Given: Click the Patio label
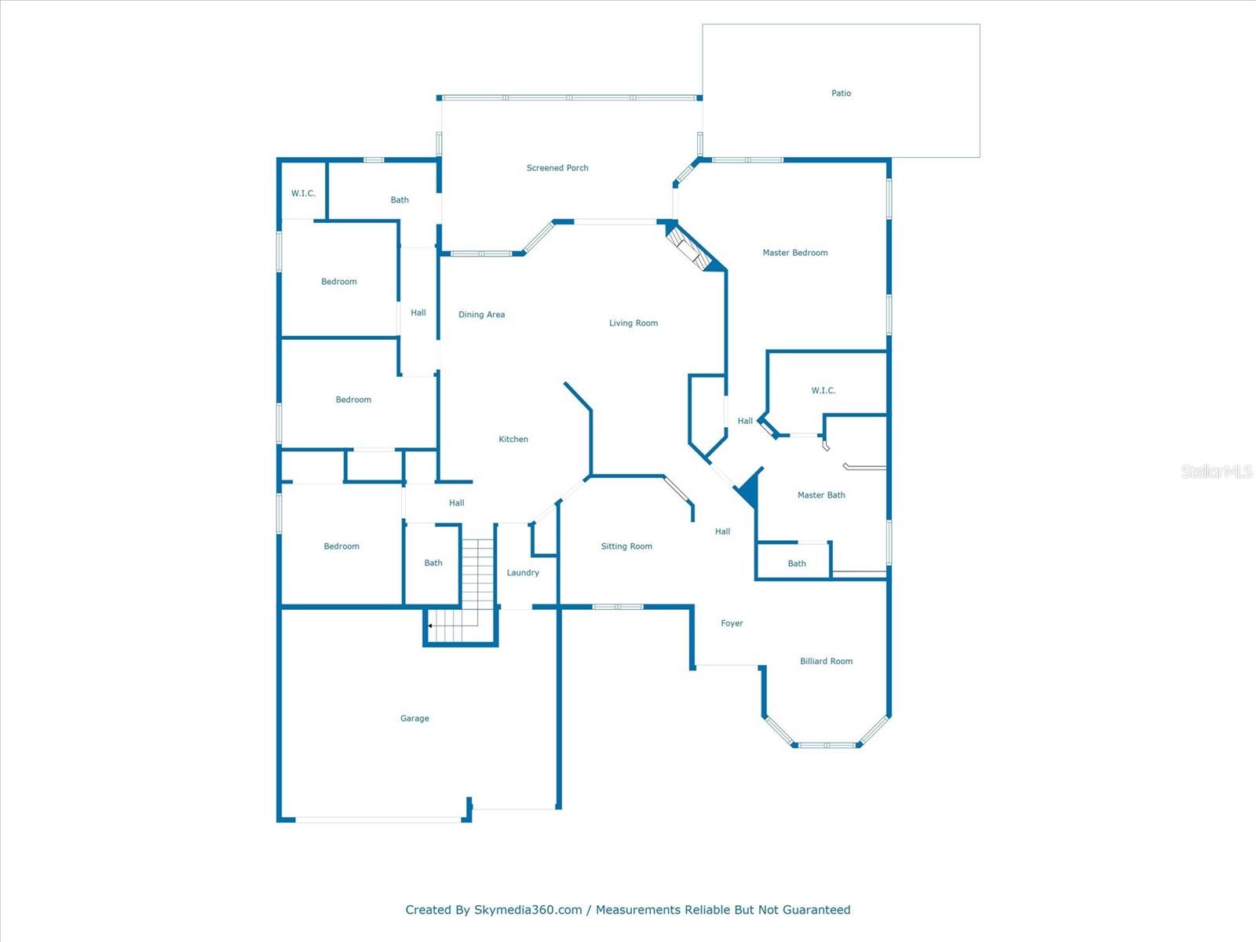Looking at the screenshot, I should click(x=841, y=93).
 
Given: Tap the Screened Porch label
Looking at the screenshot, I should click(x=557, y=168).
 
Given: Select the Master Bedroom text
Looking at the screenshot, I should click(x=795, y=253).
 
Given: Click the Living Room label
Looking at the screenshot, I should click(x=633, y=323).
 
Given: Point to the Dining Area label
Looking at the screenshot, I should click(x=481, y=315).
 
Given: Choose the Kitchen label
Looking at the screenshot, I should click(x=513, y=440).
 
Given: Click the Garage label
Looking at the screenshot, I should click(x=414, y=718).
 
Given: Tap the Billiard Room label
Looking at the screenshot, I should click(x=826, y=662).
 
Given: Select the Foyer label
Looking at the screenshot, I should click(x=732, y=623).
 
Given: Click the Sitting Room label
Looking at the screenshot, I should click(x=626, y=546).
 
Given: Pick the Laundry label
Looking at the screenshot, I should click(x=523, y=573).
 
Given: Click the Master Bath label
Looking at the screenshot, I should click(x=821, y=495).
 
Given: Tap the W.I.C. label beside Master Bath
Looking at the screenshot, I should click(x=823, y=391).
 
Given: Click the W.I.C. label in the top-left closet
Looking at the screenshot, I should click(x=303, y=194).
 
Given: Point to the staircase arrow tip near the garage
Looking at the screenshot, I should click(x=429, y=626).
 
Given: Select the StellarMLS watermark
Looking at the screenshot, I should click(x=1217, y=471).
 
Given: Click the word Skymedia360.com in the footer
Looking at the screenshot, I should click(x=528, y=910).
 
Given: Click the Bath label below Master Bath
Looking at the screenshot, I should click(x=797, y=564).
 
